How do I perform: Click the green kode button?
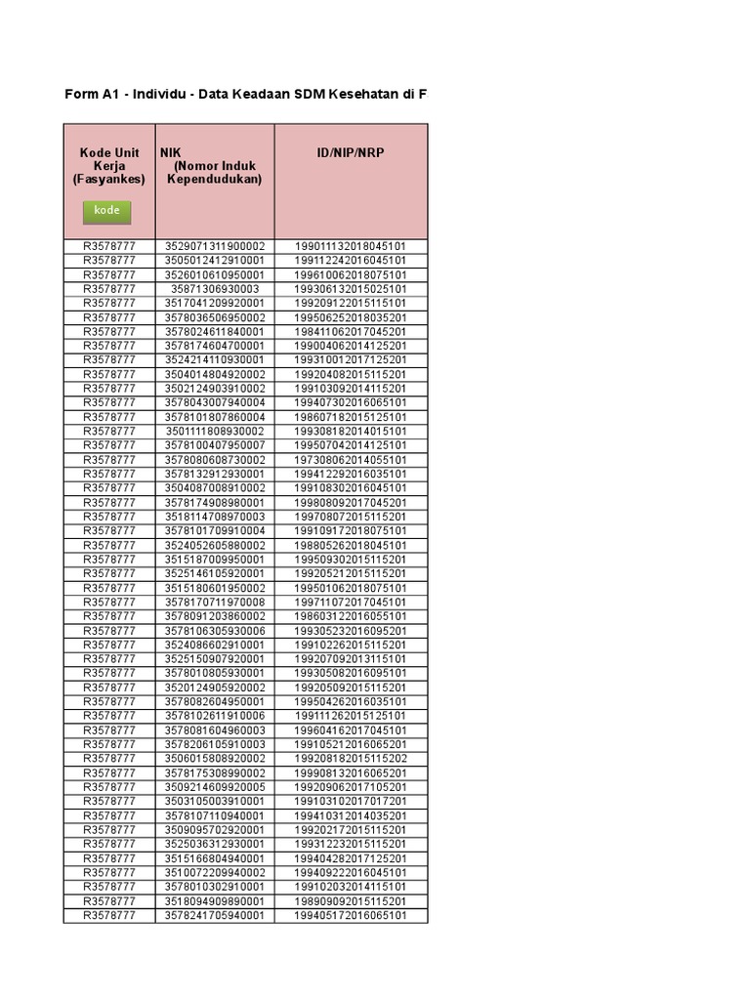coord(106,211)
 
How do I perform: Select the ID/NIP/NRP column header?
coord(351,153)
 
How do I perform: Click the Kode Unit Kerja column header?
coord(108,166)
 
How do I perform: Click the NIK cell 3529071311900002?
coord(215,246)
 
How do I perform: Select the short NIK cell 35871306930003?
coord(215,289)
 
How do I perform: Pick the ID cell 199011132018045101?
coord(351,246)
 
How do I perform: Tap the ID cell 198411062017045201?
coord(351,332)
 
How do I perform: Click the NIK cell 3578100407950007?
coord(215,445)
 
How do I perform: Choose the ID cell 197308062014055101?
coord(351,460)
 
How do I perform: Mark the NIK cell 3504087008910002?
coord(215,488)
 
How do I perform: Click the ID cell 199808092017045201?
coord(351,502)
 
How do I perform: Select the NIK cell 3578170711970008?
coord(215,603)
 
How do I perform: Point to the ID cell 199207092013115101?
coord(351,659)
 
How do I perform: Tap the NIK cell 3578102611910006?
coord(215,716)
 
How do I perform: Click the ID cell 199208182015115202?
coord(351,759)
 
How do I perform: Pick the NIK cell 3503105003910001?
coord(215,802)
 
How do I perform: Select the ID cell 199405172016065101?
coord(351,916)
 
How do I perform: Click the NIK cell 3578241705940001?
coord(215,916)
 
